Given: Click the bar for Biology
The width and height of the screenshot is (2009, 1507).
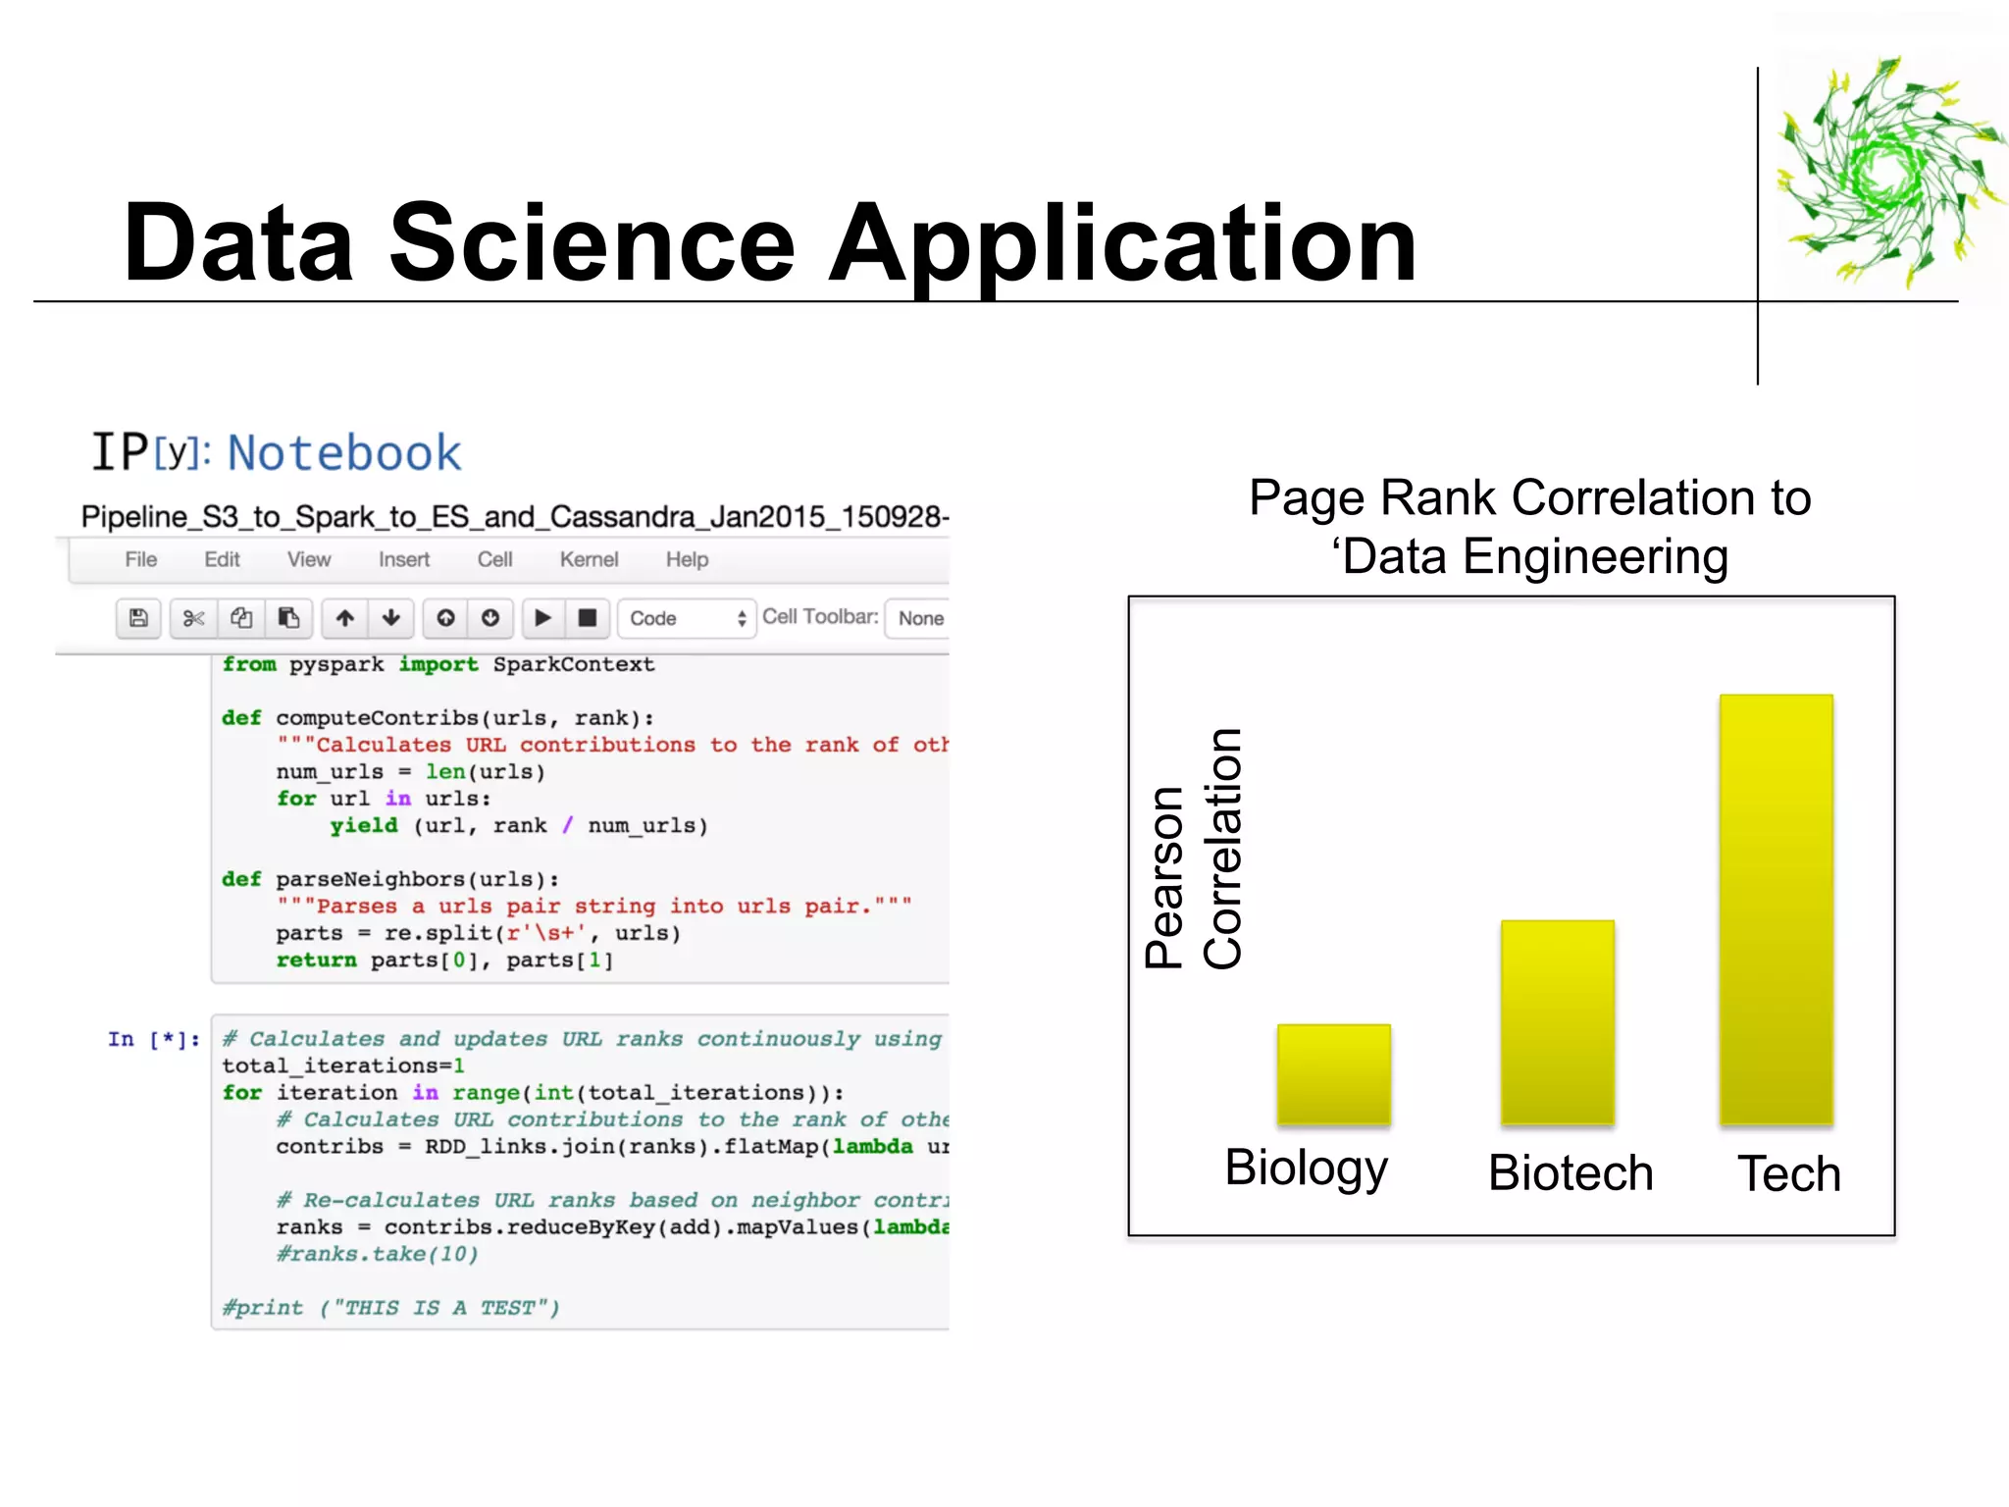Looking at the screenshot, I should click(x=1333, y=1073).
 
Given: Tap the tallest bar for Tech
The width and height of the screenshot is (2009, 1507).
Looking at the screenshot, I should click(x=1776, y=909).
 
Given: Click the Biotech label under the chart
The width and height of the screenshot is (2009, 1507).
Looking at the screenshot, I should click(x=1571, y=1172).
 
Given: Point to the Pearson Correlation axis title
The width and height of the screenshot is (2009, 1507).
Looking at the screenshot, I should click(x=1194, y=850).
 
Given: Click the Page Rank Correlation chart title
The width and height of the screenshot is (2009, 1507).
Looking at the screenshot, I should click(x=1529, y=527).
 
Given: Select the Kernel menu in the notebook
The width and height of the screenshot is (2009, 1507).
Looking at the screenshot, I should click(x=589, y=559).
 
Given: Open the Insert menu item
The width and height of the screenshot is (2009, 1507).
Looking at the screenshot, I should click(x=404, y=559).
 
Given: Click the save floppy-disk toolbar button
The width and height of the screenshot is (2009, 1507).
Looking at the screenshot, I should click(x=138, y=618).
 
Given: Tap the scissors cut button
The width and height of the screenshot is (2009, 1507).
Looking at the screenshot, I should click(x=193, y=618).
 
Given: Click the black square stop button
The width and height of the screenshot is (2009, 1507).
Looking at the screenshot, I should click(x=587, y=618).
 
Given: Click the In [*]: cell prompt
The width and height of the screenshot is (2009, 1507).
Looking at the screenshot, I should click(x=154, y=1039).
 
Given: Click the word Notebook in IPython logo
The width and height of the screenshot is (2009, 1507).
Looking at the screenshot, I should click(x=343, y=453).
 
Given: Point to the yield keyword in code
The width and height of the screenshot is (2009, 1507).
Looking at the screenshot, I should click(x=363, y=825).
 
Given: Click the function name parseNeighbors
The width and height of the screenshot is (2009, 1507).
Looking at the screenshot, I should click(x=370, y=879).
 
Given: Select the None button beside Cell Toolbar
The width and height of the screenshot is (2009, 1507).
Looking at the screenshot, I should click(x=920, y=618).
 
